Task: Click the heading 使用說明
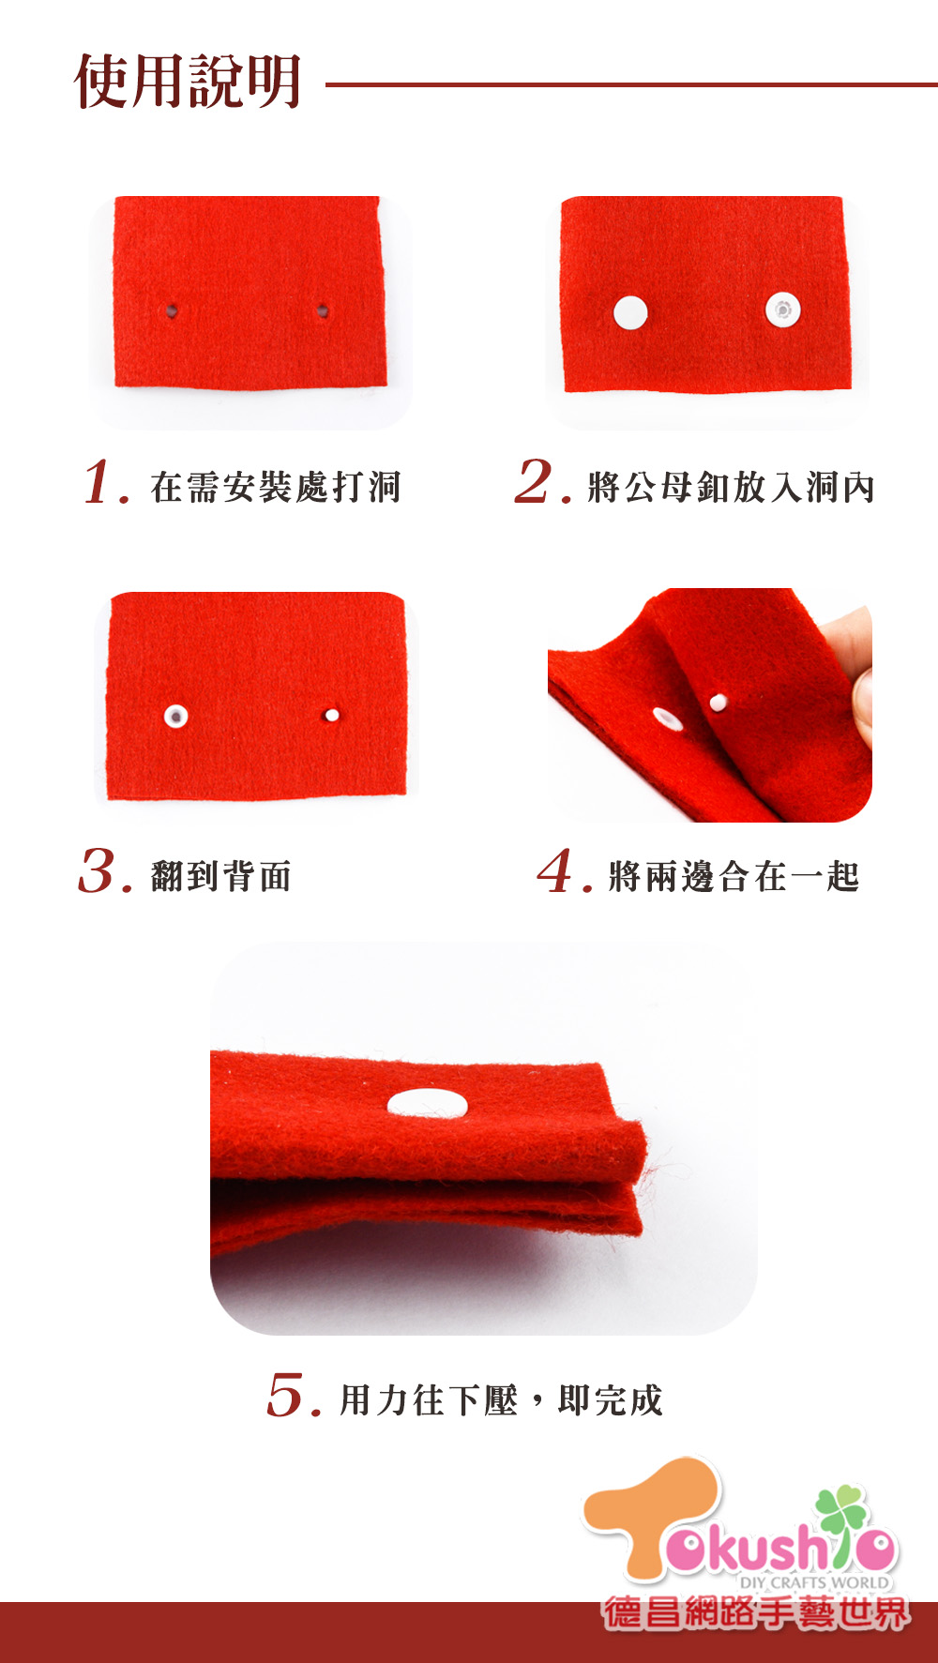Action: [188, 82]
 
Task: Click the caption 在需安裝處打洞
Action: [276, 487]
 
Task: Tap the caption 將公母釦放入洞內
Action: [732, 487]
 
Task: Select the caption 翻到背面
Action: [221, 876]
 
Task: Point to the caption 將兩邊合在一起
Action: [734, 876]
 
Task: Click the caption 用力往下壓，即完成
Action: [501, 1400]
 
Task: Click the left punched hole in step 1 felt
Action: [172, 310]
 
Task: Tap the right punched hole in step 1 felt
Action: [322, 310]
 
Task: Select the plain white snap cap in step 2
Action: [630, 312]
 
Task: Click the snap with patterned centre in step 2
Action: [782, 309]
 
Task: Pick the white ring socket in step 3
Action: [175, 717]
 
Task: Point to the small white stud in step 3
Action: [331, 715]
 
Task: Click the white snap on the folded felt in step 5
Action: [427, 1103]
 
